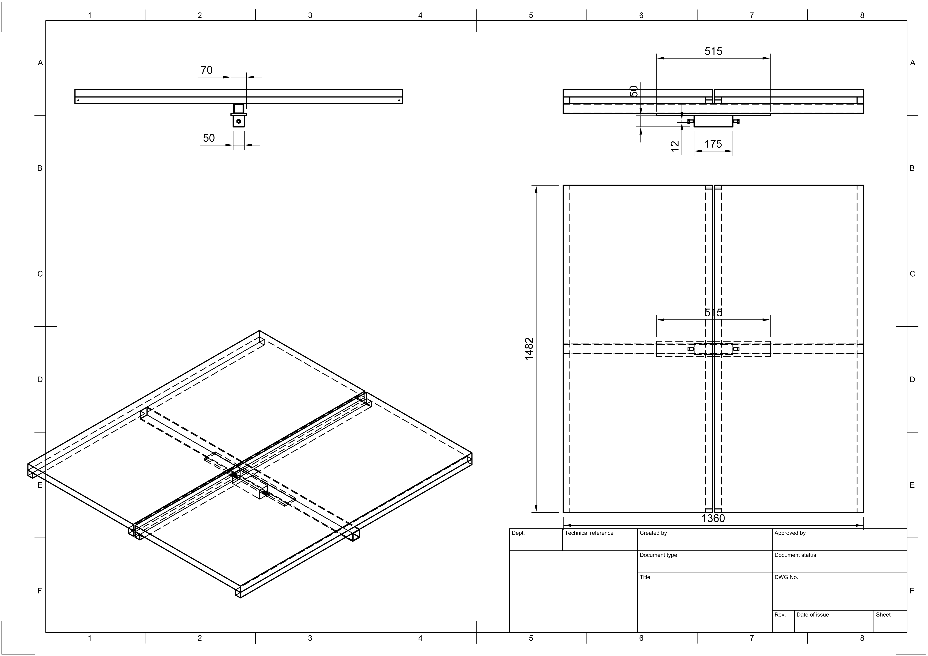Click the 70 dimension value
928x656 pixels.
206,70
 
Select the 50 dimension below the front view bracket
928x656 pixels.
209,138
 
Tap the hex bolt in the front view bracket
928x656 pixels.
239,121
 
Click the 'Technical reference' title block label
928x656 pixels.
589,533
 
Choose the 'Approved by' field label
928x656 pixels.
790,533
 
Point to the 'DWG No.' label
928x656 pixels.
786,577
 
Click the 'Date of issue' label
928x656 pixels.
812,615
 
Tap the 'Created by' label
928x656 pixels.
653,533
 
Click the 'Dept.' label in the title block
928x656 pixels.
518,533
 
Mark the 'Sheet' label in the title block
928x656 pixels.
883,615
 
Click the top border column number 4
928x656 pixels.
420,15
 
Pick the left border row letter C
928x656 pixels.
40,274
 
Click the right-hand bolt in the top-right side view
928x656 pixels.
736,121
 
